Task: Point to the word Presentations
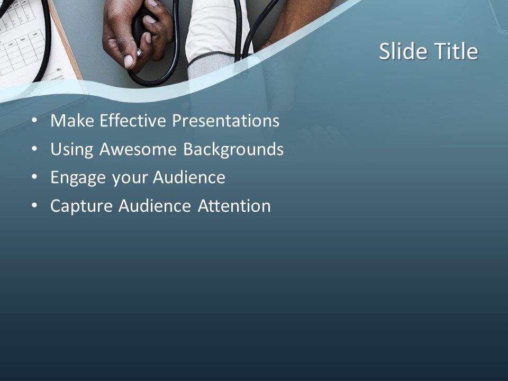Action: click(226, 121)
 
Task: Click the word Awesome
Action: click(139, 150)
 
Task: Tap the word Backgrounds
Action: click(233, 150)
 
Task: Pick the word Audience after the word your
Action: click(189, 178)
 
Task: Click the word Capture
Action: click(81, 206)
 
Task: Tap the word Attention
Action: click(234, 206)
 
